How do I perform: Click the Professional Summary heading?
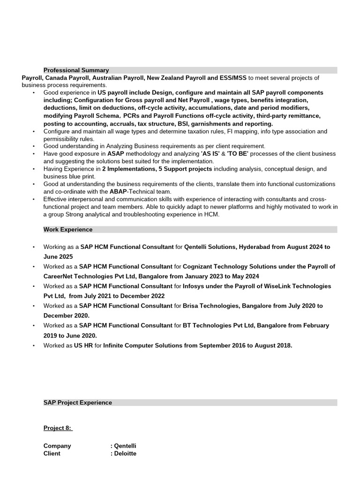point(76,70)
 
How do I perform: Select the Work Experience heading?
point(68,230)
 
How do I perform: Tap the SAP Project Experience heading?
point(78,403)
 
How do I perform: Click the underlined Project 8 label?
point(58,428)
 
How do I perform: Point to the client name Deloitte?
point(125,454)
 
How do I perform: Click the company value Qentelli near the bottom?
point(125,446)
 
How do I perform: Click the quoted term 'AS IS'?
point(210,154)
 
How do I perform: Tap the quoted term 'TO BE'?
point(237,154)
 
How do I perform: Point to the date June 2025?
point(58,257)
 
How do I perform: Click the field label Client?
point(52,454)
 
